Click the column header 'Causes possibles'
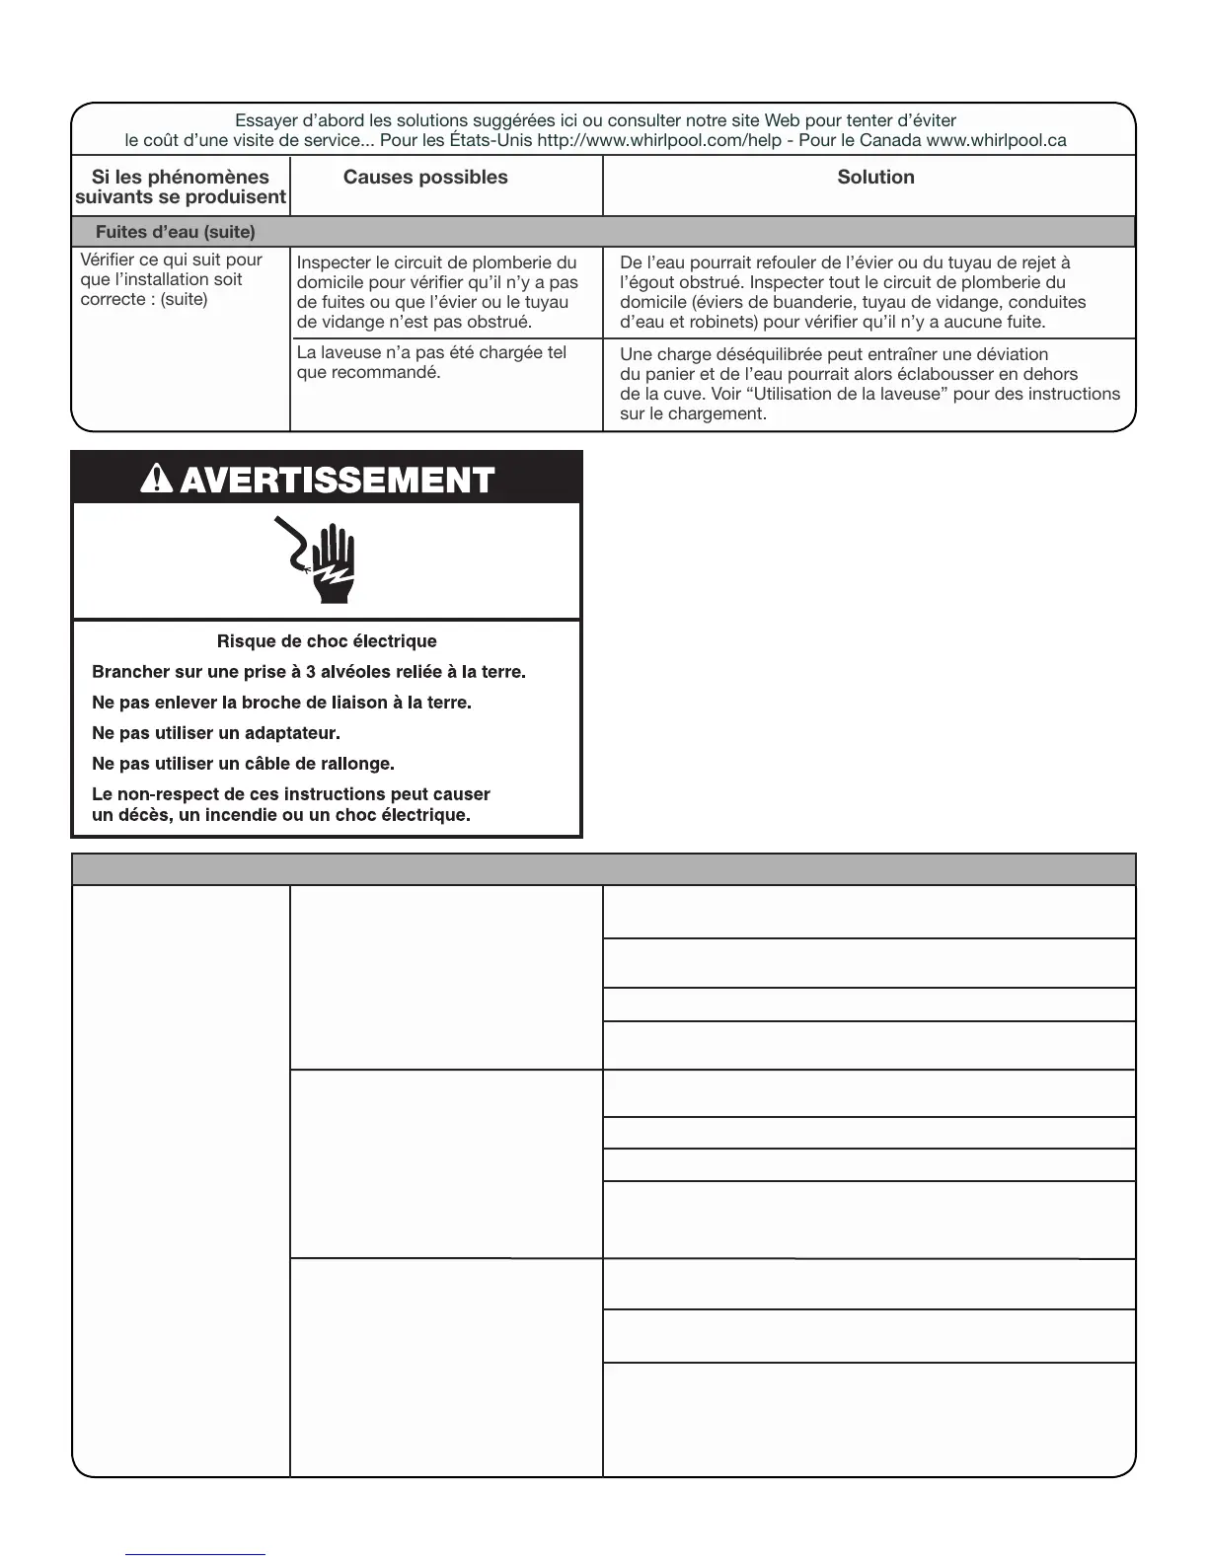[425, 178]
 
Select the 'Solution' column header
[875, 178]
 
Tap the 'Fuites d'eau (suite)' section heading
[175, 233]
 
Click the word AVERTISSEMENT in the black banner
[338, 481]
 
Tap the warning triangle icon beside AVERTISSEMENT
[158, 480]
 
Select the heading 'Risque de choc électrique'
[327, 641]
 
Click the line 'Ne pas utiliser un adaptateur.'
[216, 733]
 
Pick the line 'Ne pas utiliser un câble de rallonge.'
[243, 764]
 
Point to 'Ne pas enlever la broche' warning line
[281, 703]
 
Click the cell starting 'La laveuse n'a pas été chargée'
[432, 362]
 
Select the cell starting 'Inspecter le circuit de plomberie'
[437, 292]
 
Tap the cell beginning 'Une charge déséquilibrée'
[868, 384]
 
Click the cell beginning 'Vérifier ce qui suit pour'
[172, 279]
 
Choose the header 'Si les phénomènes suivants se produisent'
[181, 186]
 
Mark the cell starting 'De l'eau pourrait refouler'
[853, 292]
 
